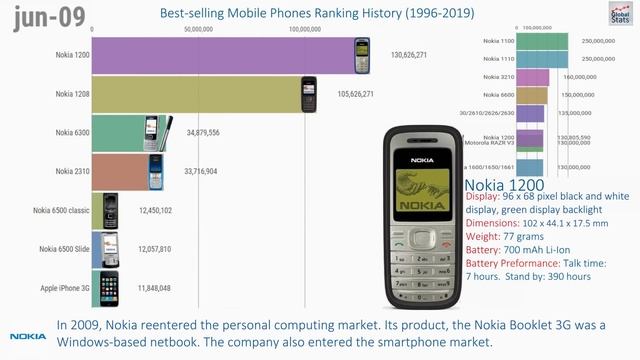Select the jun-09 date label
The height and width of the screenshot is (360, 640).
coord(42,16)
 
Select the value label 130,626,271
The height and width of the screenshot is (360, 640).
coord(410,55)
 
